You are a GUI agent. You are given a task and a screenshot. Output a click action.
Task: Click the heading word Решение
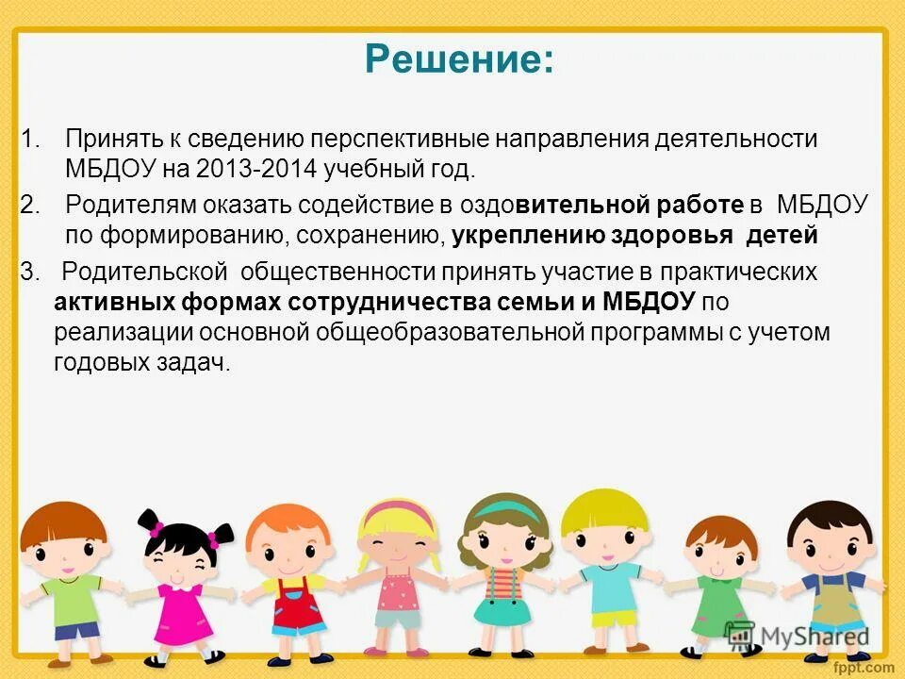[458, 61]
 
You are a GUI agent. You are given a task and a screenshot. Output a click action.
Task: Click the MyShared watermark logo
[796, 637]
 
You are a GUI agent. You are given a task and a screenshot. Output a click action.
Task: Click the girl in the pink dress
[180, 585]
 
